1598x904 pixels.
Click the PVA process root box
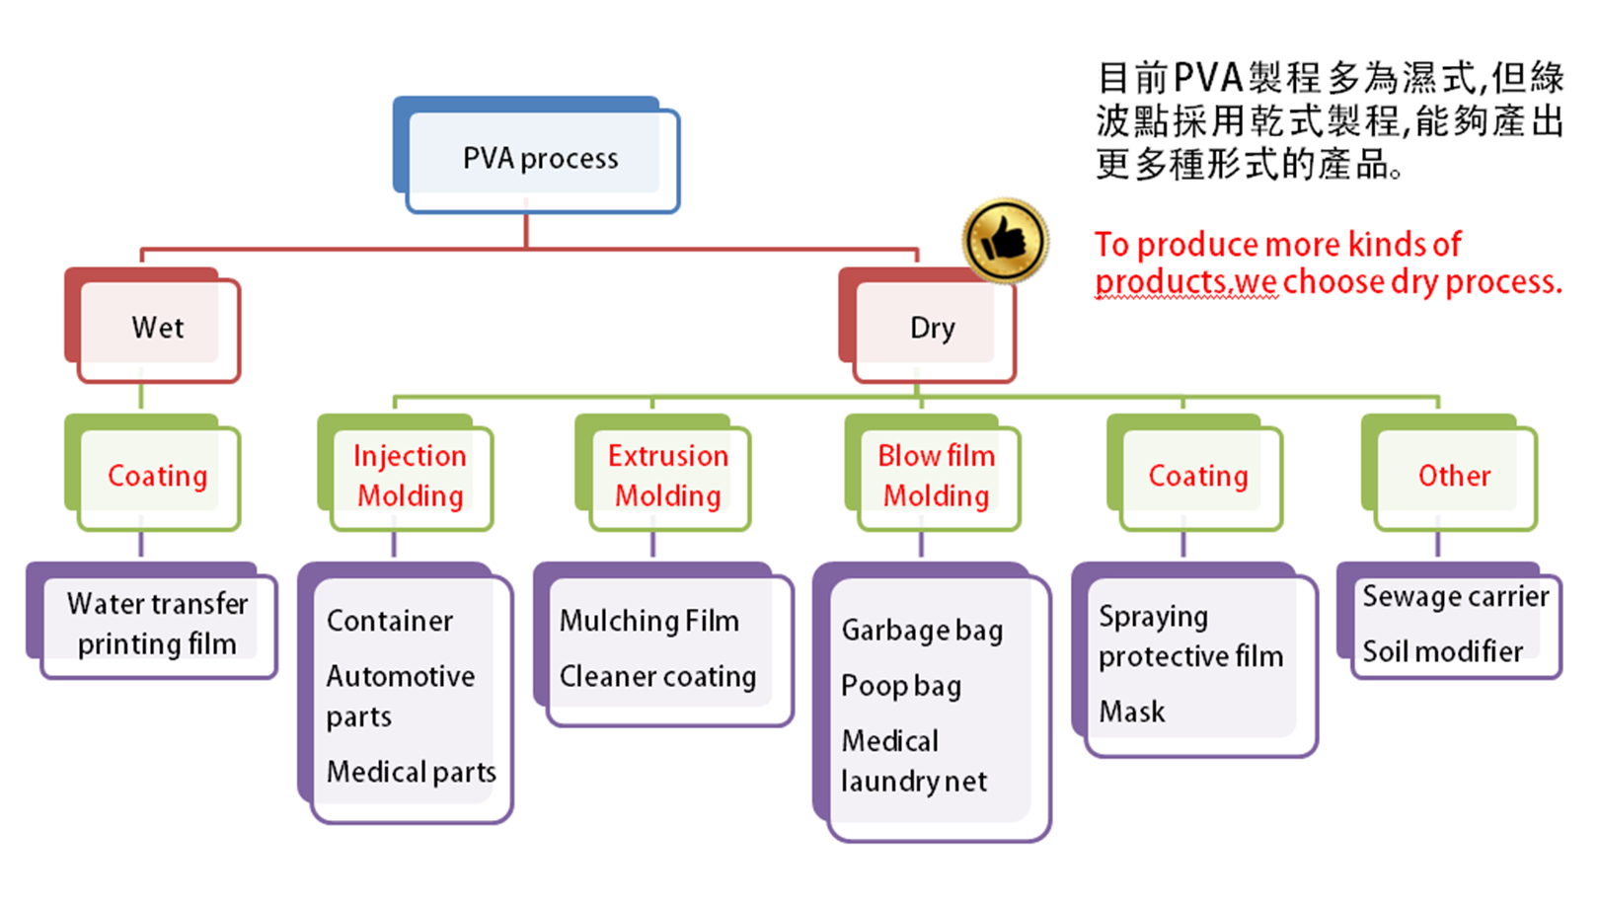pos(541,158)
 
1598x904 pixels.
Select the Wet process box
pos(158,328)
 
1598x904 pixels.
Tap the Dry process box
pos(932,328)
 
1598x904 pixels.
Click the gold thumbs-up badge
pos(1005,240)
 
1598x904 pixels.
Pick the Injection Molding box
pos(410,476)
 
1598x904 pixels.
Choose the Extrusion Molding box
pos(667,476)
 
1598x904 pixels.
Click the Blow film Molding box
pos(936,476)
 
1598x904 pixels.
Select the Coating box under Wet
pos(158,476)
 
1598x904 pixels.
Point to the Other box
pos(1453,476)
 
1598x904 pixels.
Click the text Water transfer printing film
pos(157,623)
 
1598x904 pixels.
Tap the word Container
pos(390,621)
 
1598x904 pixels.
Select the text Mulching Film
pos(648,621)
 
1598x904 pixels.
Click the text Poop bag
pos(900,686)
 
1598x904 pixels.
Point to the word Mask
pos(1131,712)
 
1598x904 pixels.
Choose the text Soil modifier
pos(1442,651)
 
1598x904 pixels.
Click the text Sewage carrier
pos(1455,596)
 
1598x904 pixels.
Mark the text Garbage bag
pos(922,630)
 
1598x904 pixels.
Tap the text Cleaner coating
pos(657,676)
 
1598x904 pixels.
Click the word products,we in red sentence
pos(1185,282)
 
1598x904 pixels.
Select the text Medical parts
pos(411,772)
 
